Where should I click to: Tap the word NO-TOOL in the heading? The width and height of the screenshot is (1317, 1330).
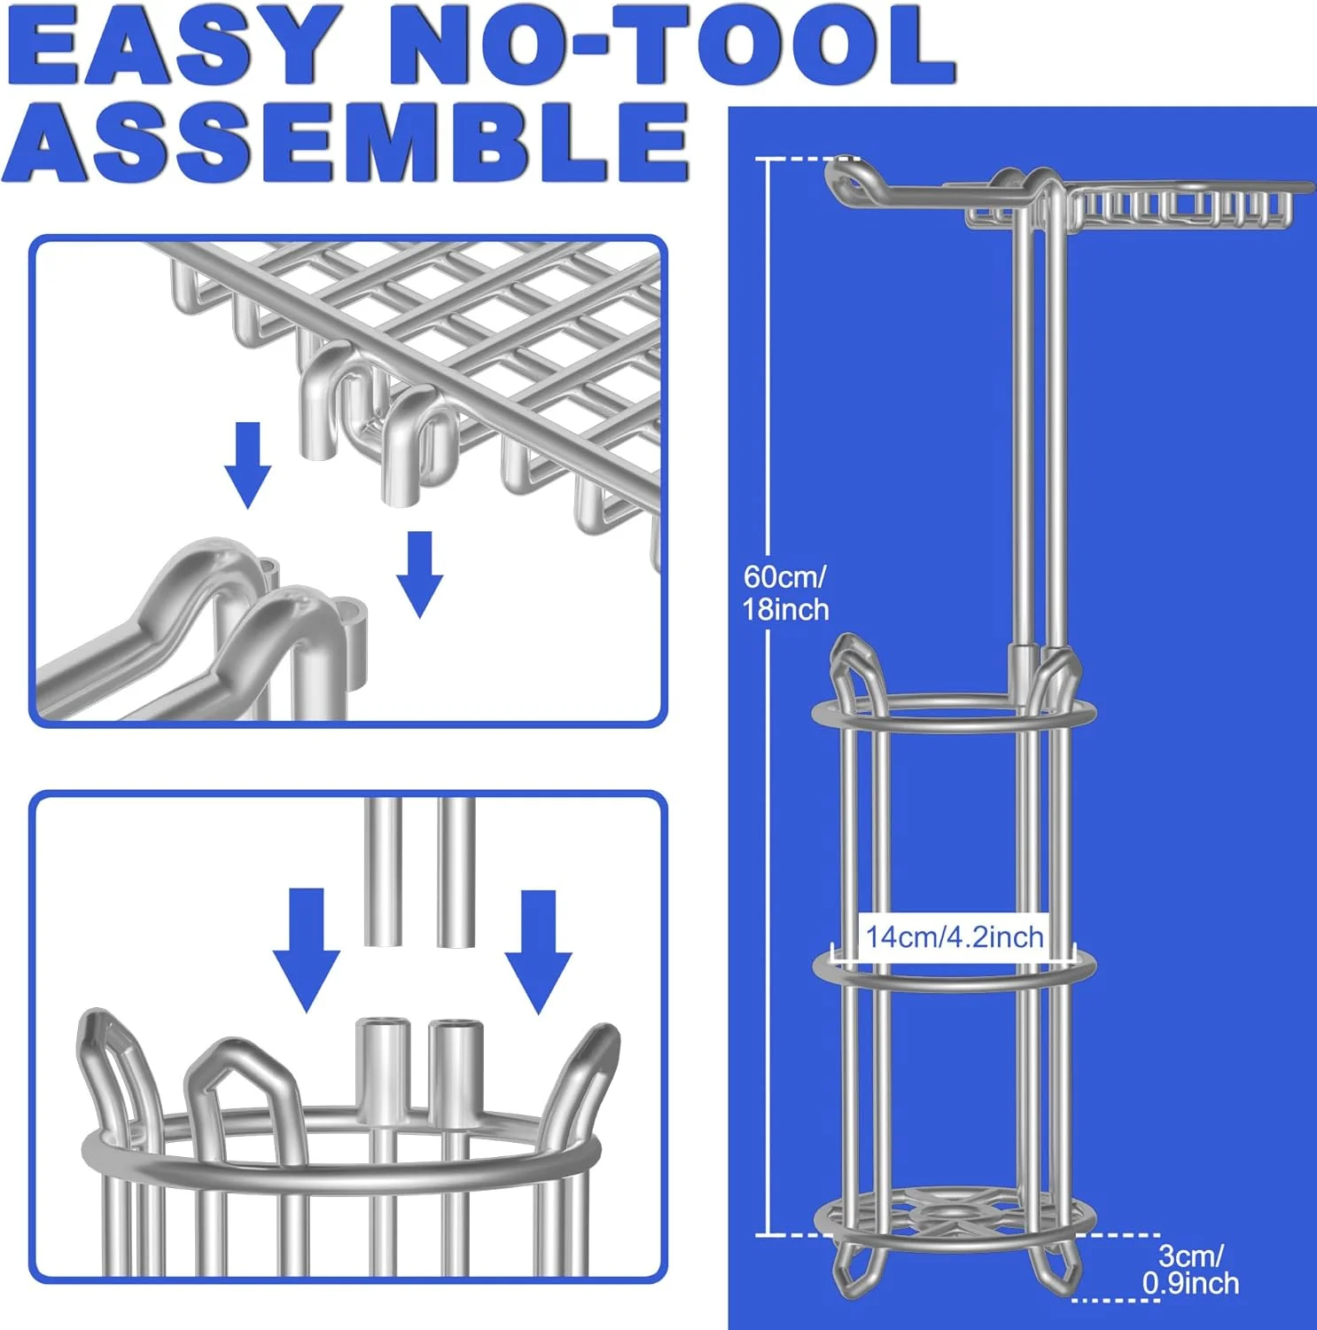(x=672, y=46)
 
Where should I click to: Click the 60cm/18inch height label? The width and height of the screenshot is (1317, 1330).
(x=786, y=593)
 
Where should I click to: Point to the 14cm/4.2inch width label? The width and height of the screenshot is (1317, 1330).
(x=955, y=936)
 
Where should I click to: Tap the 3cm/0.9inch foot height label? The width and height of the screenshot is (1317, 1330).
(x=1190, y=1269)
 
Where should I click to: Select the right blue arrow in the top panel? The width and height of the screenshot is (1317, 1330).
(x=419, y=575)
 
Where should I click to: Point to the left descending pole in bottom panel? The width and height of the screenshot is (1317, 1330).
(x=384, y=872)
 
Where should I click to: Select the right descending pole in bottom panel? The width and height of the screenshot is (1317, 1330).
(x=456, y=872)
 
